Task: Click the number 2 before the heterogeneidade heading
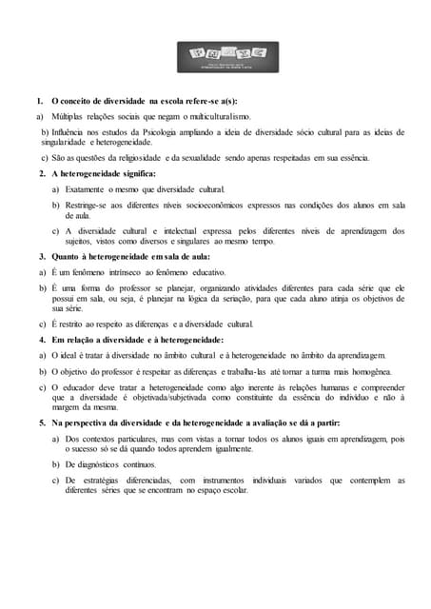(41, 174)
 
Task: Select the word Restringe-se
(89, 206)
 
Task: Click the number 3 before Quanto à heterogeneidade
(41, 258)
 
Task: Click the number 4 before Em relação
(41, 340)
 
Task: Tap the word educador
(76, 388)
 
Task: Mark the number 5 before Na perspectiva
(41, 423)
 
